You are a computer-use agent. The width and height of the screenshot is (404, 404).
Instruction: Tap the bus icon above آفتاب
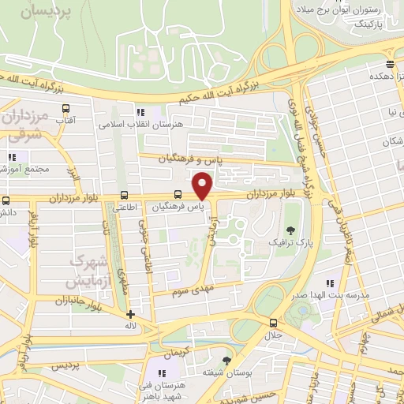65,107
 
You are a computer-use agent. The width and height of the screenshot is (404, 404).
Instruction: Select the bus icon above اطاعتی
124,194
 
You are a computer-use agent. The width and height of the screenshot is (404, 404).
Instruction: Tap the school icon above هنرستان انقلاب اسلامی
141,112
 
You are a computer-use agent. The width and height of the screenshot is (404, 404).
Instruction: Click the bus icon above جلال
273,323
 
